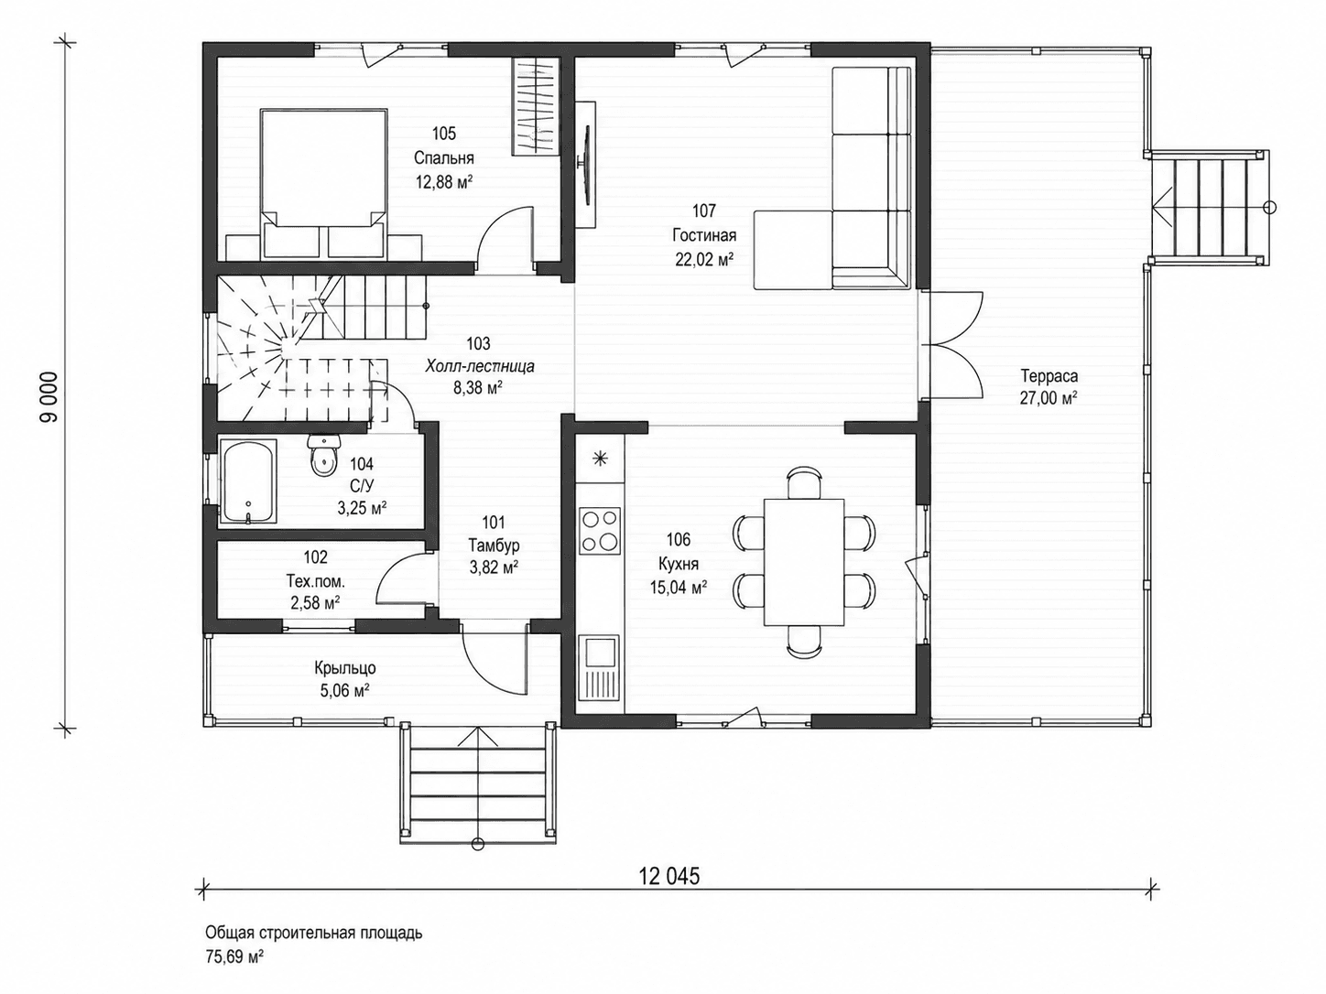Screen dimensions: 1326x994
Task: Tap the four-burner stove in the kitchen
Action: click(599, 531)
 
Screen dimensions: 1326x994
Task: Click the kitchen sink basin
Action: click(599, 653)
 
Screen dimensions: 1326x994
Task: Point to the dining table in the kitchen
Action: click(803, 562)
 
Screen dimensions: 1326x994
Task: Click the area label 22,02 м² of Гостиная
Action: click(704, 260)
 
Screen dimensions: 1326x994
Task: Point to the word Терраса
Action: click(1049, 376)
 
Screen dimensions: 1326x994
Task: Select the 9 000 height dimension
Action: click(50, 396)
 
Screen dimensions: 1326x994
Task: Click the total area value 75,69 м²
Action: click(234, 957)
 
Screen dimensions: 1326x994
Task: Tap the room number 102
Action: click(315, 557)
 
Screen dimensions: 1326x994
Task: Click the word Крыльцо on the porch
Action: click(345, 668)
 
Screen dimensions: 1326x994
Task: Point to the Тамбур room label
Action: click(494, 546)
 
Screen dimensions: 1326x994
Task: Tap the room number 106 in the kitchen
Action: click(679, 539)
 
